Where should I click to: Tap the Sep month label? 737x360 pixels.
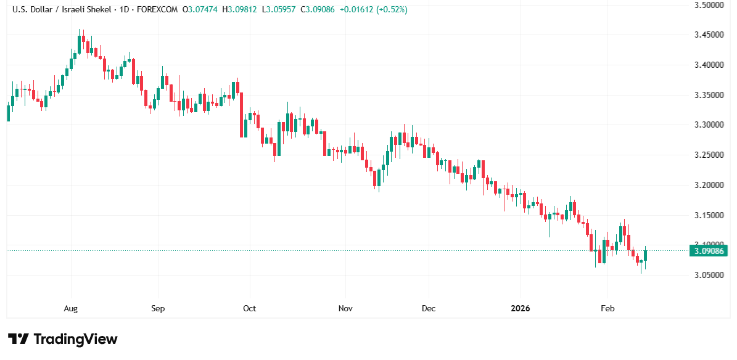click(159, 308)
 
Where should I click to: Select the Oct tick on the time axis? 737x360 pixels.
click(249, 308)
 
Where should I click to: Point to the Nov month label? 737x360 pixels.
click(345, 308)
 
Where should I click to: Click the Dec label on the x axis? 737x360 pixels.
click(429, 308)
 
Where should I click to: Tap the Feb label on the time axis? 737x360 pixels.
click(607, 308)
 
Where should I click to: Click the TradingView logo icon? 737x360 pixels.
click(19, 339)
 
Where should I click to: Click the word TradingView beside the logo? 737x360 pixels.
click(75, 339)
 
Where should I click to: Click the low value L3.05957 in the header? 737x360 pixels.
click(280, 10)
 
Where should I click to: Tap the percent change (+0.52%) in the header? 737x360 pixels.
click(390, 10)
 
